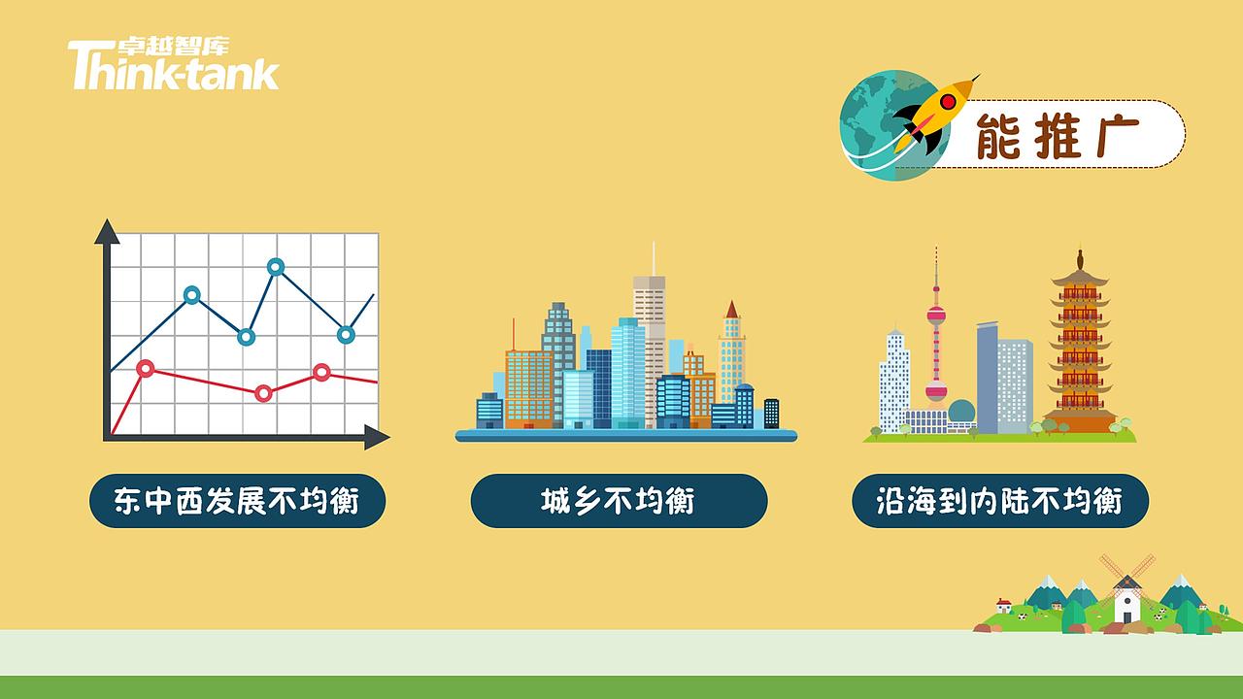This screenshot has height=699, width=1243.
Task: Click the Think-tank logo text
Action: pos(173,66)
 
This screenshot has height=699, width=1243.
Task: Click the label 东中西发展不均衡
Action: pos(238,501)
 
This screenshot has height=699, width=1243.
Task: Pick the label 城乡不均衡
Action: pos(619,501)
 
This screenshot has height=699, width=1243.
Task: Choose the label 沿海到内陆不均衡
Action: pos(999,501)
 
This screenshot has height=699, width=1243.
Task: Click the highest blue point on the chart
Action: pos(276,266)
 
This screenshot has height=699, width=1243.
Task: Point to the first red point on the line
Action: pos(146,368)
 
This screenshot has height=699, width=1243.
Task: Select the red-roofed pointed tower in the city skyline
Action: pos(731,312)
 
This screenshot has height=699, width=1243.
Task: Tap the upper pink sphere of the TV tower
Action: pos(936,316)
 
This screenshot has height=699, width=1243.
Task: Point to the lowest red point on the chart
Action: pos(263,393)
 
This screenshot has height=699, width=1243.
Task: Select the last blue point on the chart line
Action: pos(346,334)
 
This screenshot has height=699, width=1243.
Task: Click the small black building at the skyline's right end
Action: pos(771,413)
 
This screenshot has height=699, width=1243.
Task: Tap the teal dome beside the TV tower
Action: pos(961,412)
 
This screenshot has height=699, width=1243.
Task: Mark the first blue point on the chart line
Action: pos(192,294)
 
